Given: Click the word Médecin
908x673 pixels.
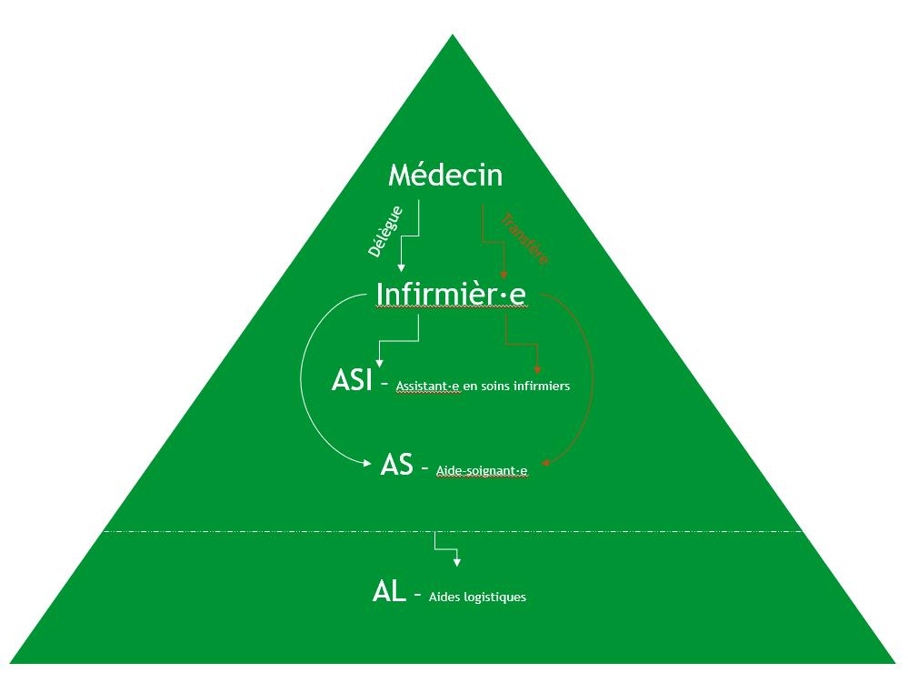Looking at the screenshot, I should coord(444,174).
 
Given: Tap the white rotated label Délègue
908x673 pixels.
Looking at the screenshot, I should coord(385,232).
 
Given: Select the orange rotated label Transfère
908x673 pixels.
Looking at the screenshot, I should coord(524,238).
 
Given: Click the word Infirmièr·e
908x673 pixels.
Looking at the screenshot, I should coord(451,294).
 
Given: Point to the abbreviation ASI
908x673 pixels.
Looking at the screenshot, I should coord(353,380).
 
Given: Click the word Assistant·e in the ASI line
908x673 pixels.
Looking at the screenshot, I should coord(428,386).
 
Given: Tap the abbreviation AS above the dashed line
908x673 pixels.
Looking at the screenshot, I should coord(397,465).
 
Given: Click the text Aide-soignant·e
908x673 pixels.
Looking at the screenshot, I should coord(482,470).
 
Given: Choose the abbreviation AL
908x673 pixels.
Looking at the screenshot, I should coord(388,591).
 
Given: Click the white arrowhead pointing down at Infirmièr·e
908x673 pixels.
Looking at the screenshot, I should coord(400,267).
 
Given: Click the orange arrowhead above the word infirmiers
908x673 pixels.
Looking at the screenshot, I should coord(537,369).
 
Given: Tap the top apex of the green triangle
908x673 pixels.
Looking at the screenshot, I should coord(453,35).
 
